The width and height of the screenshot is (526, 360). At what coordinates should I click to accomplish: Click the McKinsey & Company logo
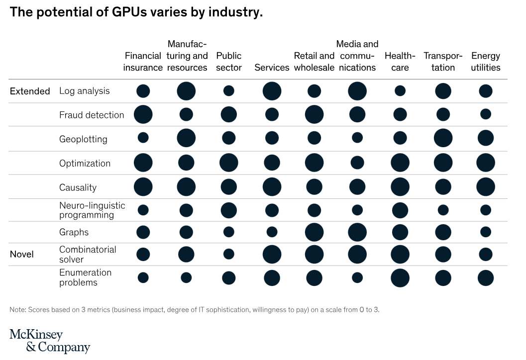(x=50, y=341)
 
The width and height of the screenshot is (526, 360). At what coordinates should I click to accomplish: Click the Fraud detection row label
(x=92, y=115)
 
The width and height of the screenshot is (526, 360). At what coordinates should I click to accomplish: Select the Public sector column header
(x=229, y=62)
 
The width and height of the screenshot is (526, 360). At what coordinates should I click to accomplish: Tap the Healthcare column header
(x=400, y=62)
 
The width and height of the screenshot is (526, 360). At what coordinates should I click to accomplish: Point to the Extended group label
(x=30, y=91)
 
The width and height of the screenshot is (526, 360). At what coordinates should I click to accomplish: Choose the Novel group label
(x=22, y=254)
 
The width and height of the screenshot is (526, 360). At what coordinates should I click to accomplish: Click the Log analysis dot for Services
(x=272, y=91)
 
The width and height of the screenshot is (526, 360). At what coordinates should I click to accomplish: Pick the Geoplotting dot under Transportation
(x=443, y=138)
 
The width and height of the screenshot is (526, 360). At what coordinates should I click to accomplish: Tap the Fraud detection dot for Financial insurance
(x=143, y=114)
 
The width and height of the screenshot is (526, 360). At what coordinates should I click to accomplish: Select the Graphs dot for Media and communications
(x=357, y=232)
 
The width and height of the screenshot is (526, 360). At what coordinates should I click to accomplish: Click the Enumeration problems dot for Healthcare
(x=400, y=278)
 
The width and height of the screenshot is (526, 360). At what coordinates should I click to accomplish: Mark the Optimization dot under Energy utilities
(x=486, y=163)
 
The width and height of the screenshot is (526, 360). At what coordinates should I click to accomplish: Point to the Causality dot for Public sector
(x=229, y=187)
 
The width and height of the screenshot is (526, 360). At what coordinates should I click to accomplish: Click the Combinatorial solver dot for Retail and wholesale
(x=315, y=254)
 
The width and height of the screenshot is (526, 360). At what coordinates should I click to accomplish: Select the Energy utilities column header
(x=486, y=62)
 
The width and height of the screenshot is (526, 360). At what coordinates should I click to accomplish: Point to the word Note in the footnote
(x=17, y=310)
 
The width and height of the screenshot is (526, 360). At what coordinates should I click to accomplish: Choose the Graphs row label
(x=74, y=232)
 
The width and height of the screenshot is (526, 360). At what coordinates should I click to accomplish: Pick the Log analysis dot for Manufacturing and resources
(x=186, y=91)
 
